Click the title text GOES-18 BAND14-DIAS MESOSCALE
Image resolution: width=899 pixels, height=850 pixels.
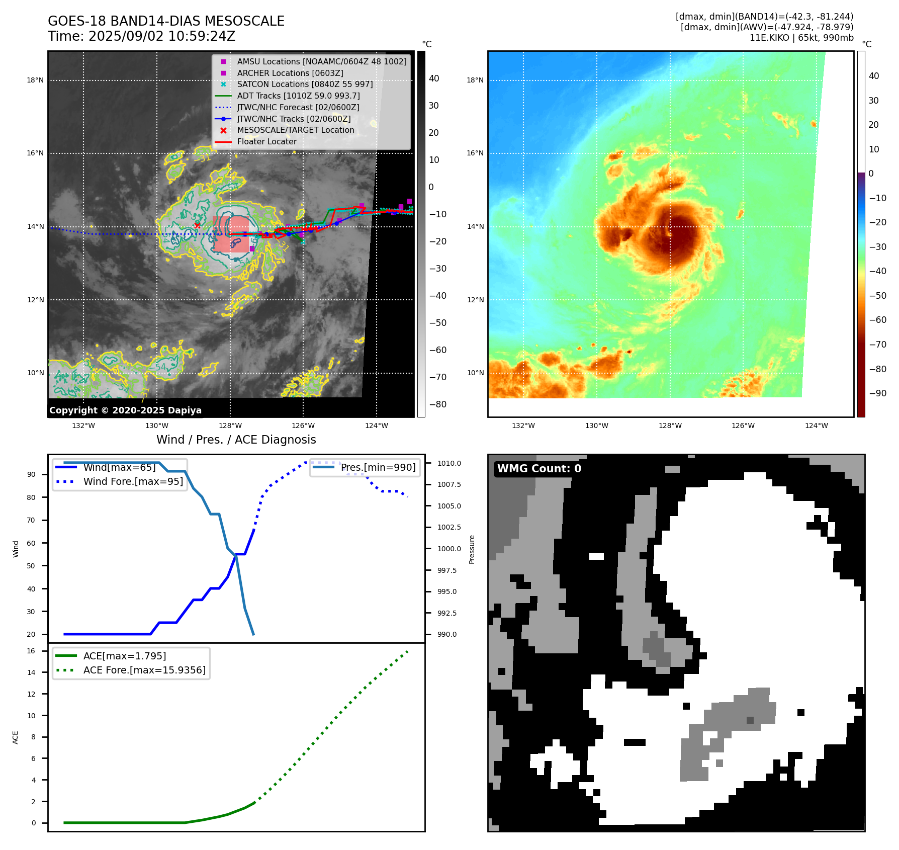[166, 21]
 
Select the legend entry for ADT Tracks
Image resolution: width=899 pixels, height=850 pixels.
[298, 96]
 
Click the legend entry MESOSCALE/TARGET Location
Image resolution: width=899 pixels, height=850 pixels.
[296, 130]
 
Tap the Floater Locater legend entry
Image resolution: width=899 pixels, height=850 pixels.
[266, 141]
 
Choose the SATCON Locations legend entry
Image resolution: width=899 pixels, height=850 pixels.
[305, 84]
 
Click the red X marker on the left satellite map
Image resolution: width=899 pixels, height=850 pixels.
[197, 225]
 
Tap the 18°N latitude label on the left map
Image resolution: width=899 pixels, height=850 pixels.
[35, 80]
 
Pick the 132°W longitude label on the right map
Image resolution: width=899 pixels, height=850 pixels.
[523, 426]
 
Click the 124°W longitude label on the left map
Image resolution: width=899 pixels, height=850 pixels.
[377, 426]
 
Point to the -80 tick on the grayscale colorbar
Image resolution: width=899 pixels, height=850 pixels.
[437, 404]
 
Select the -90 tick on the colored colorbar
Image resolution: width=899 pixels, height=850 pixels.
[877, 393]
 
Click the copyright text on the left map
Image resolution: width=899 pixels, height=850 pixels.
[125, 410]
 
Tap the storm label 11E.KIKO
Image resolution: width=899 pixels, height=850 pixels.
[769, 38]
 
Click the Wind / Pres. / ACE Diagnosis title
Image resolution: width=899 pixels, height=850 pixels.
[236, 440]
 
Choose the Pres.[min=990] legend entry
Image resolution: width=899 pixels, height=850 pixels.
[378, 467]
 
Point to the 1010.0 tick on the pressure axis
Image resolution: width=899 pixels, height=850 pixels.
[449, 463]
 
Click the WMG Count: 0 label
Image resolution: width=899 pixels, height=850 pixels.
[539, 469]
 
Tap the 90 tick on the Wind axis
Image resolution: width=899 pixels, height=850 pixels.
[31, 474]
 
